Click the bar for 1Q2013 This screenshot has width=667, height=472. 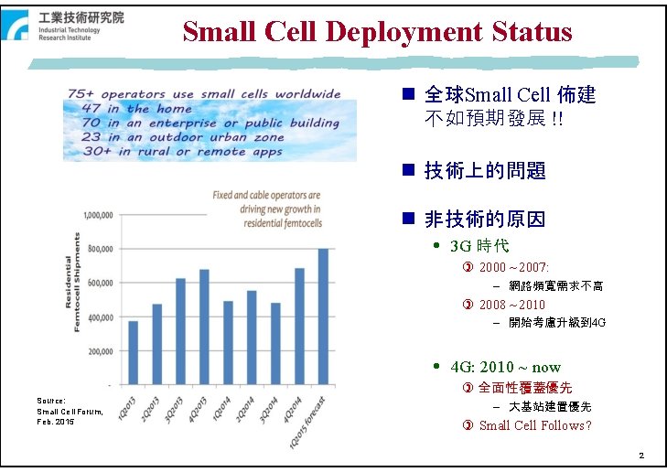(134, 352)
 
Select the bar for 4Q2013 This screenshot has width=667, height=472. (204, 327)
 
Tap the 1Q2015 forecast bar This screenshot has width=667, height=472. (322, 316)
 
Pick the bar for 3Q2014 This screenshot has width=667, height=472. (274, 343)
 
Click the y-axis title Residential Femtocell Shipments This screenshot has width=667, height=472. (72, 282)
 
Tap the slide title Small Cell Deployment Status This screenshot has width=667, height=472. (377, 32)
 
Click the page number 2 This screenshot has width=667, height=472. (642, 456)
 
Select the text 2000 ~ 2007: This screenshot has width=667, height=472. (513, 267)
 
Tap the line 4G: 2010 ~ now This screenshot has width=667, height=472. (505, 367)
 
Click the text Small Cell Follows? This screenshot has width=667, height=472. (534, 425)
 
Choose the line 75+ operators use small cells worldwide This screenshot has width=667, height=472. (204, 94)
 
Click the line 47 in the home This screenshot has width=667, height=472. (133, 108)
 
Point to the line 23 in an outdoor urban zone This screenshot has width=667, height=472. (182, 137)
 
